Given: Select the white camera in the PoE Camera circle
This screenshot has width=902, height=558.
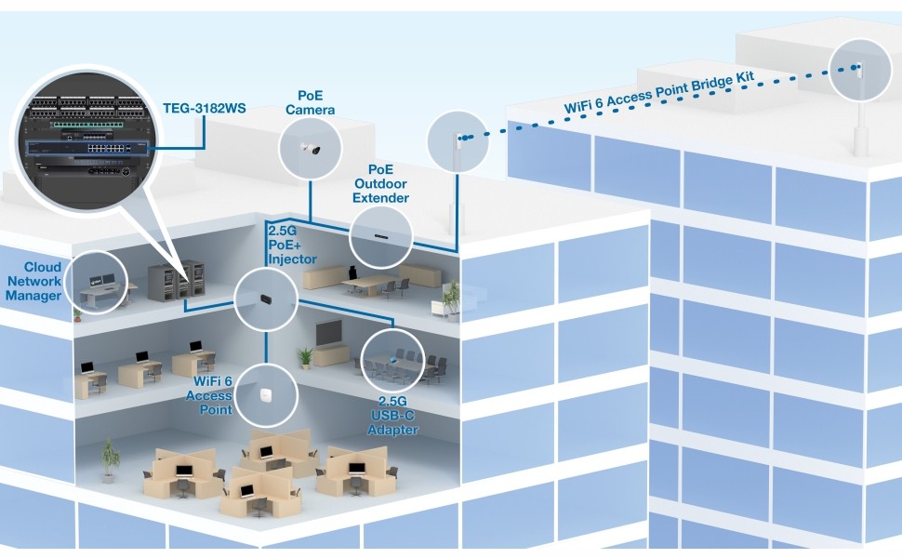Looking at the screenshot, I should (x=310, y=149).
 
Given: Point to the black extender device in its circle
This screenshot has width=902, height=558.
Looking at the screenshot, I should (x=381, y=236).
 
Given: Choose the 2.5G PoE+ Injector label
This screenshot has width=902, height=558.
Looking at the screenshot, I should (x=293, y=245).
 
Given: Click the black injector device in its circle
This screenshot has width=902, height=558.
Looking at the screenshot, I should (x=266, y=298).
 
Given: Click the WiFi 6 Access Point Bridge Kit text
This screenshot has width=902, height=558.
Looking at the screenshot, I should (x=658, y=91).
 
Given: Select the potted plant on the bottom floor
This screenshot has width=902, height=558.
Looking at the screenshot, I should (x=111, y=459).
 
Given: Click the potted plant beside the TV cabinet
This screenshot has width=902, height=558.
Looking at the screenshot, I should (x=305, y=357).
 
